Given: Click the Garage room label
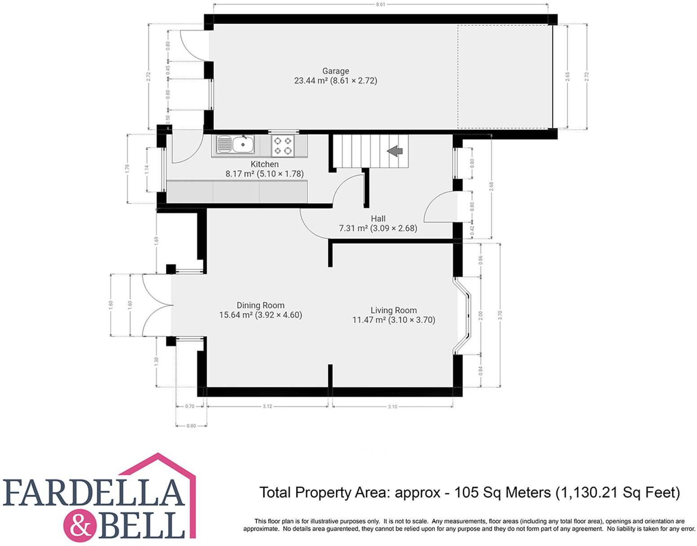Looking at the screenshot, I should (x=335, y=71).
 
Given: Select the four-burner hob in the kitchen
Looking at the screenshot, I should (x=283, y=145).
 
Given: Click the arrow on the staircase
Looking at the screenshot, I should (x=395, y=151).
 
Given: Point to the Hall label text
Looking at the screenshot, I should (x=378, y=219).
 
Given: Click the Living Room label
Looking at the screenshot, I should (x=394, y=310).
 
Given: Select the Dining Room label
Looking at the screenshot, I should (x=260, y=305).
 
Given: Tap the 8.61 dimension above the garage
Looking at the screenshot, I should (x=380, y=4).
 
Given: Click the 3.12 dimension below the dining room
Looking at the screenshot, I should (x=267, y=406).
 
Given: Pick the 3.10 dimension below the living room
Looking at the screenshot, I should (x=392, y=406).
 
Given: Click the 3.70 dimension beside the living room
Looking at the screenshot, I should (x=500, y=315).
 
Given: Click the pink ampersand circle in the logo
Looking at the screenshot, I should (x=81, y=523).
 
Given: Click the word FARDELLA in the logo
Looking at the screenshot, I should (x=94, y=493).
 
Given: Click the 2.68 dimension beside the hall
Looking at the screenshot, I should (x=491, y=186).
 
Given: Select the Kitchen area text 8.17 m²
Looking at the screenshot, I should (x=240, y=174).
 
